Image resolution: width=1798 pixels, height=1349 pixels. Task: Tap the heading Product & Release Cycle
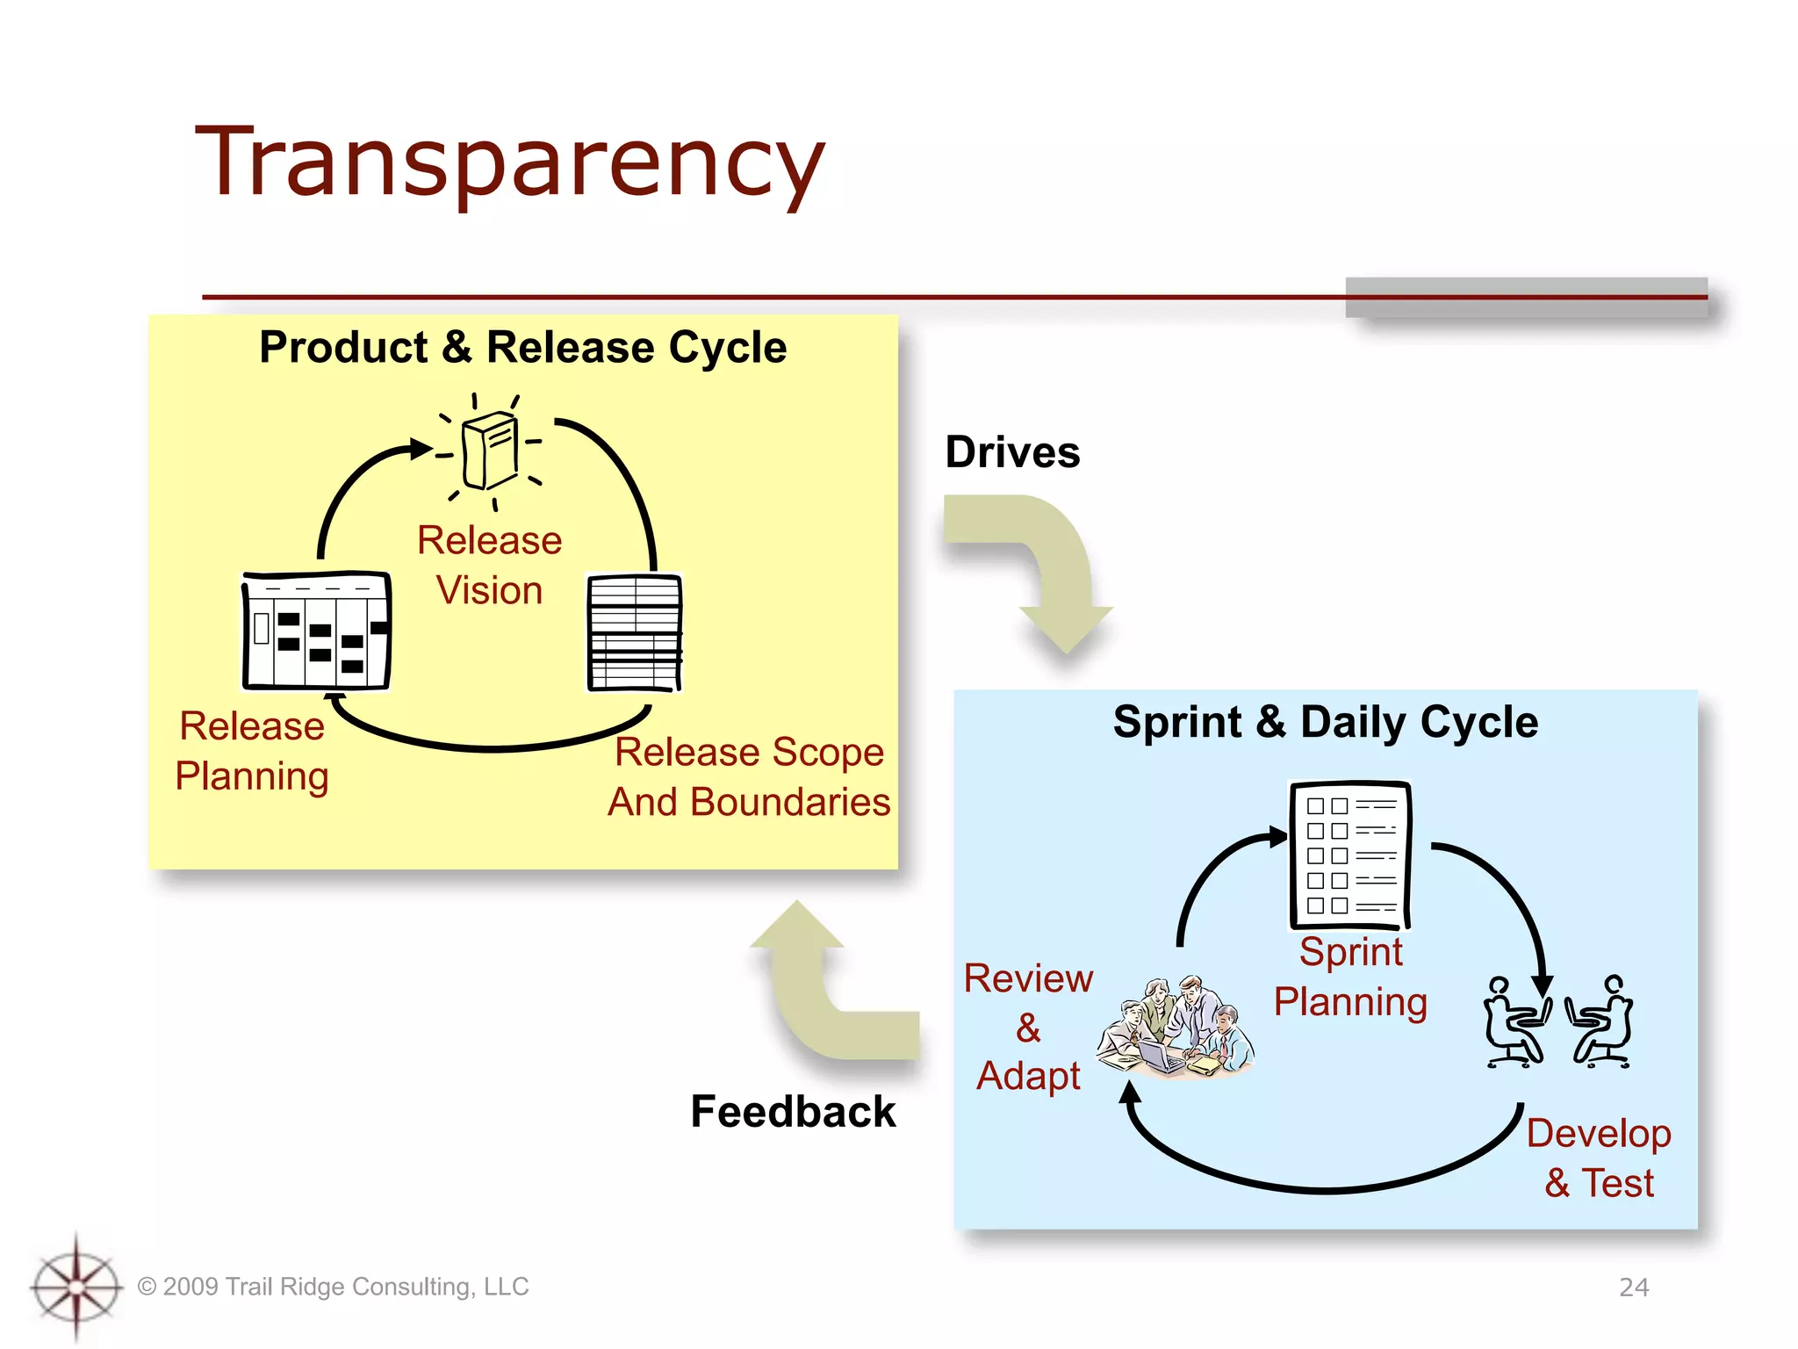(522, 347)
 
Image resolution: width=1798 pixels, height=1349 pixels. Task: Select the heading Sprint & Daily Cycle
(1325, 722)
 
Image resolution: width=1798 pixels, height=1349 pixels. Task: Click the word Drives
(1011, 452)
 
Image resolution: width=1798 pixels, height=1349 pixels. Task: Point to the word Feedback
(793, 1111)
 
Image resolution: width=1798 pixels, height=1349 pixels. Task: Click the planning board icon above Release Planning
(316, 631)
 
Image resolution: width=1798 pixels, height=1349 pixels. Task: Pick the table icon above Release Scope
(634, 632)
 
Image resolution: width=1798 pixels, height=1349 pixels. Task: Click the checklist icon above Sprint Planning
(1349, 855)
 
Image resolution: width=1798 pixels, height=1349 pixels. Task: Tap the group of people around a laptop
(1175, 1028)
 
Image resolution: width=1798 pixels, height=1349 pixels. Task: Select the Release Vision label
(489, 565)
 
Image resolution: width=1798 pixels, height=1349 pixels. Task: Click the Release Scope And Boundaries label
(749, 776)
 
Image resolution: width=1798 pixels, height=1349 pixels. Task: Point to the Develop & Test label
(1598, 1158)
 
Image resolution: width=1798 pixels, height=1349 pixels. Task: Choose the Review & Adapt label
(1028, 1026)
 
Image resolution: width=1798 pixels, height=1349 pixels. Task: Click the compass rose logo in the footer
(76, 1287)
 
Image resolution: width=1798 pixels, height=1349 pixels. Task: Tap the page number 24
(1633, 1287)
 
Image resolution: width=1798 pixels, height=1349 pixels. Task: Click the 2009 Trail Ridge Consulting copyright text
(334, 1287)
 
